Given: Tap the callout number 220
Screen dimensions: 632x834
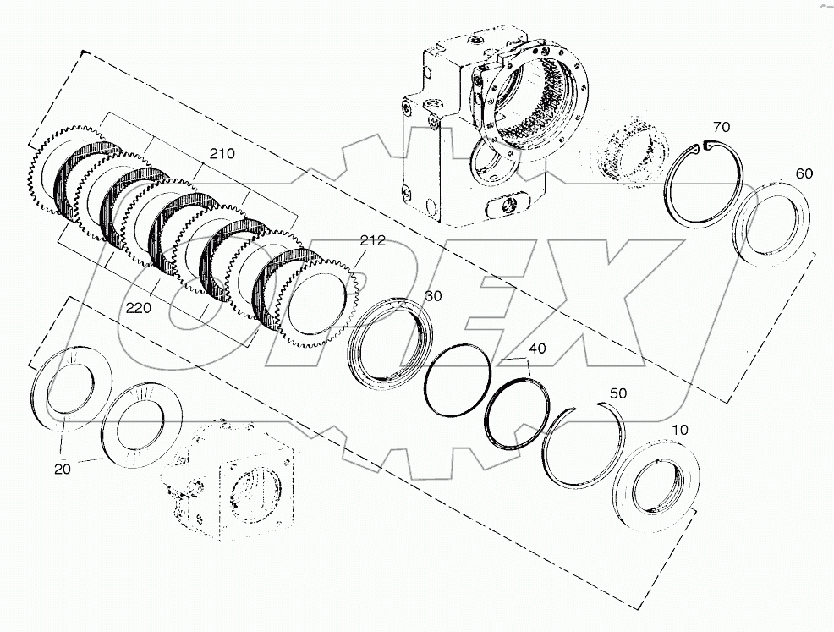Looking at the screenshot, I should pos(140,309).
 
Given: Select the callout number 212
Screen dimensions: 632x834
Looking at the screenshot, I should pos(372,240).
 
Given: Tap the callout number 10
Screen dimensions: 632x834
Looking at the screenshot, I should pos(680,431).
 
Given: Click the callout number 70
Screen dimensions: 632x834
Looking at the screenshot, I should pos(721,127).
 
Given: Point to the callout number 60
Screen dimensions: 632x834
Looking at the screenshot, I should pos(804,173).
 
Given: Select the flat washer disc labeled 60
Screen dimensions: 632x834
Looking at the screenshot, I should pos(771,223).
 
